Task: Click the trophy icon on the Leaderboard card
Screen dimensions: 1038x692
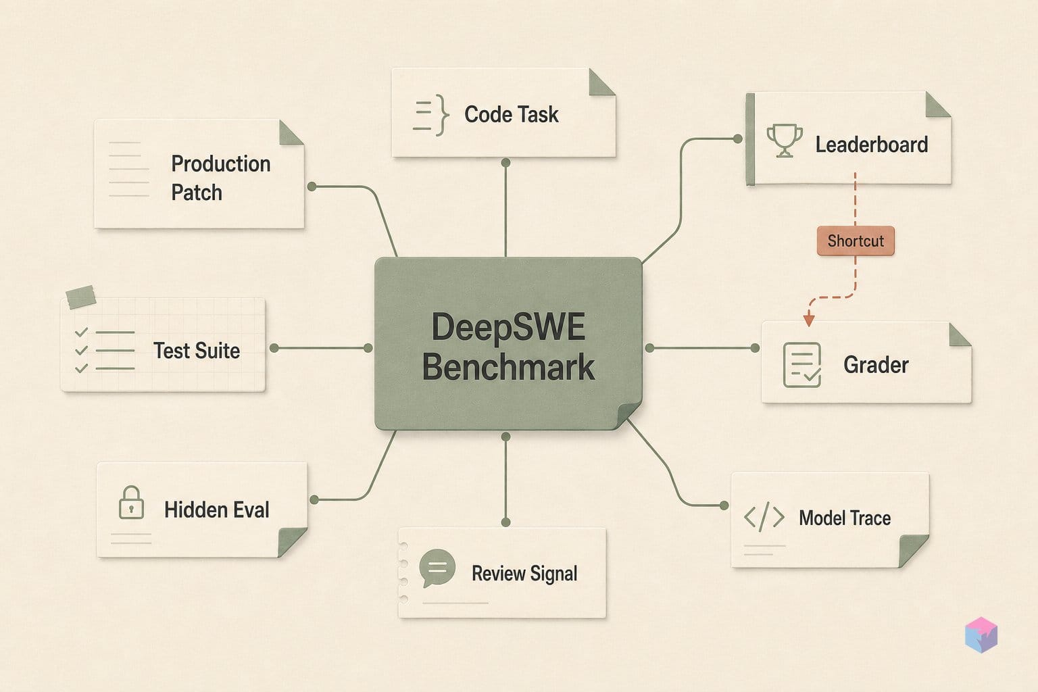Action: pyautogui.click(x=784, y=141)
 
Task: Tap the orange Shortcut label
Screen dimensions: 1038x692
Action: pyautogui.click(x=856, y=241)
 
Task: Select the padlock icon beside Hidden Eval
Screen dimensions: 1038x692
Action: pyautogui.click(x=131, y=502)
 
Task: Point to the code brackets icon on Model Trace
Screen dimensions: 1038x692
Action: pyautogui.click(x=764, y=516)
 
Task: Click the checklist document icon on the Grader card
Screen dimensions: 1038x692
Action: pyautogui.click(x=801, y=365)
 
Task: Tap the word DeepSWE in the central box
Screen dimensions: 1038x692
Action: pyautogui.click(x=508, y=327)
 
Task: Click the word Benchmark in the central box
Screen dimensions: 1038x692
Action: pyautogui.click(x=508, y=367)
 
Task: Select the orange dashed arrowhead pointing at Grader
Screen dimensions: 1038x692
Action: pyautogui.click(x=809, y=319)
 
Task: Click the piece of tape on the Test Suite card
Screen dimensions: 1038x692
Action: pyautogui.click(x=80, y=297)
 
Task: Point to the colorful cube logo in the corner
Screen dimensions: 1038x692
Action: pyautogui.click(x=981, y=635)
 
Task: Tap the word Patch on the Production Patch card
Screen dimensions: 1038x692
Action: pyautogui.click(x=197, y=193)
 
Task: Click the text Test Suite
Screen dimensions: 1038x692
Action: pyautogui.click(x=197, y=351)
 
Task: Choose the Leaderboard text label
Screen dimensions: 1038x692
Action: pyautogui.click(x=872, y=145)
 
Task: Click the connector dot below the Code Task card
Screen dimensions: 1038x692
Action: pyautogui.click(x=505, y=163)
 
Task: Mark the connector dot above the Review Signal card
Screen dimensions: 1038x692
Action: pyautogui.click(x=505, y=522)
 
